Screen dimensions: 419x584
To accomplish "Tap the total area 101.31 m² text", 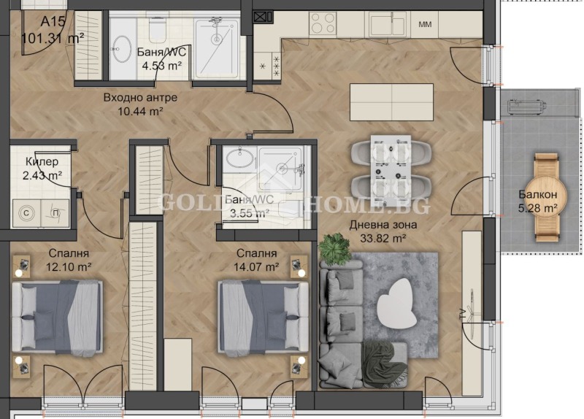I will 53,36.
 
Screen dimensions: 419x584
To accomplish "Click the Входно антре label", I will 140,97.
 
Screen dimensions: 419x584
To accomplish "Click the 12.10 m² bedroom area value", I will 69,267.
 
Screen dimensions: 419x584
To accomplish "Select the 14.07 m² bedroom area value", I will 256,267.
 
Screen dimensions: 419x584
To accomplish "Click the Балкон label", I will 538,195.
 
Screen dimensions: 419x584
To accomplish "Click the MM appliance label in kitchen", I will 425,25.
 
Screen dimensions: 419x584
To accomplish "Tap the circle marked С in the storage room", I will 27,213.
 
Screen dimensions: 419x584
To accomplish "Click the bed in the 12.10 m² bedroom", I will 56,315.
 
